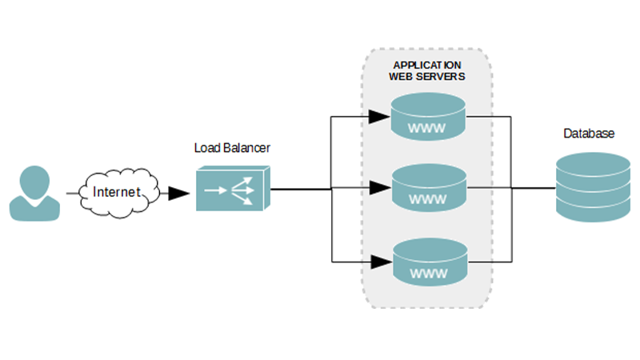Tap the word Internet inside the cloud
(117, 192)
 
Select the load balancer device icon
(233, 189)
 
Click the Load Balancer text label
(233, 148)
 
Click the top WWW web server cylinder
(428, 116)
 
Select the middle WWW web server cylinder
(428, 189)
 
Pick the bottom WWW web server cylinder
(428, 261)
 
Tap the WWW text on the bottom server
(428, 274)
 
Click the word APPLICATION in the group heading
(428, 65)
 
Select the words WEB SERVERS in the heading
(428, 77)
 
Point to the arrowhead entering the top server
(380, 117)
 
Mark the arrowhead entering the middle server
(380, 190)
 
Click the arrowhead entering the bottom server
(380, 262)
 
